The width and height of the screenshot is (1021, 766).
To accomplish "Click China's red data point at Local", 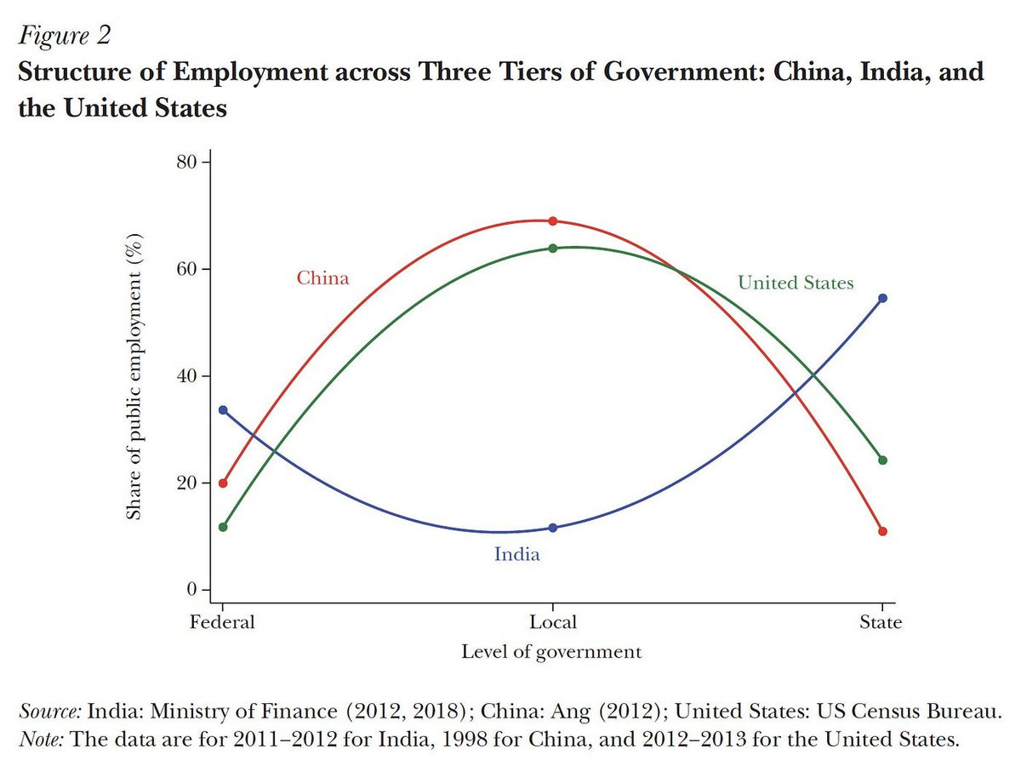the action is tap(552, 221).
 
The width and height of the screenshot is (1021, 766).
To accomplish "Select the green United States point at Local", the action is tap(552, 249).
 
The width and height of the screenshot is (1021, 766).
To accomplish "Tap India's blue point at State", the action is tap(882, 298).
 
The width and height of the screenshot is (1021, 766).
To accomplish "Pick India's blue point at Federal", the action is tap(223, 410).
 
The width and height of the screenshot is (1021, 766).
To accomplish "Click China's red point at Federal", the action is tap(223, 483).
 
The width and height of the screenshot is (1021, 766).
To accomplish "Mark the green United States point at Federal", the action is tap(223, 527).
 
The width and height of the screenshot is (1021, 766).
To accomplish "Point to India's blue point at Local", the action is tap(552, 528).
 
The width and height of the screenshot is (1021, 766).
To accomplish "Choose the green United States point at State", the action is tap(882, 460).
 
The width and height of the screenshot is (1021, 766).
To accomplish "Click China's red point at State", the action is tap(882, 531).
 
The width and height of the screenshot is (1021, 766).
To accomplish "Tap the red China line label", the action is tap(322, 278).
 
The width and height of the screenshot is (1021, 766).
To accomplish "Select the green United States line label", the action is tap(796, 283).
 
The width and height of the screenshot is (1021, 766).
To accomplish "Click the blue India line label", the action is tap(516, 554).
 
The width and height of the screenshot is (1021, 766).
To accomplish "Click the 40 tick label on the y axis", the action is tap(186, 376).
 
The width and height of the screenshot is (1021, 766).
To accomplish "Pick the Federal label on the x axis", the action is tap(222, 622).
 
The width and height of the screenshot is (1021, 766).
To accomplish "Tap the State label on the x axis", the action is tap(881, 622).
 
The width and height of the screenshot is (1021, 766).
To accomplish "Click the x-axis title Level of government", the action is tap(551, 652).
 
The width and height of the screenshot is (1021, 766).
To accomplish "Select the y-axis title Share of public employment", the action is tap(134, 376).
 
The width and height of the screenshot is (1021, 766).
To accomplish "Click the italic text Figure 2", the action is tap(65, 36).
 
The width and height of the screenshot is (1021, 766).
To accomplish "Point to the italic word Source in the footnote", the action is tap(50, 712).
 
